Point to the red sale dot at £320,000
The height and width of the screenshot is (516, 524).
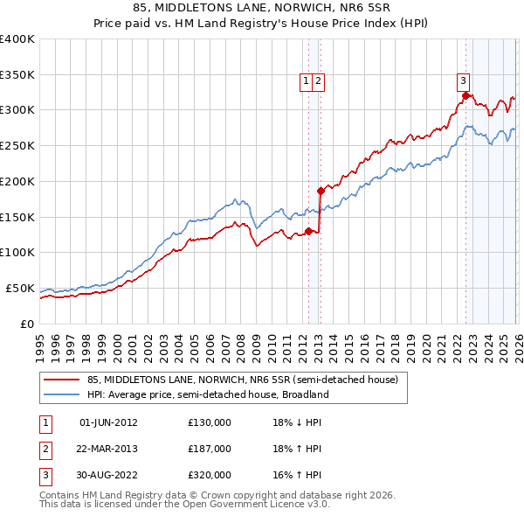(x=466, y=95)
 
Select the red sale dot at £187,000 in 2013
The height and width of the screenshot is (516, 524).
(x=321, y=190)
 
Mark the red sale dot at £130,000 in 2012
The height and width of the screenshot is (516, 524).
(x=308, y=231)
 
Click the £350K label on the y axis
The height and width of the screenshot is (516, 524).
(x=17, y=74)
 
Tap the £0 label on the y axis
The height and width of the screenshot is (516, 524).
(x=26, y=324)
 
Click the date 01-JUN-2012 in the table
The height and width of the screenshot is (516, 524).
(x=108, y=422)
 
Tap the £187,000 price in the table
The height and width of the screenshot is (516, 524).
(x=210, y=449)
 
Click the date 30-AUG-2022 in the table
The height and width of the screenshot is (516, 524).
(x=108, y=475)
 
